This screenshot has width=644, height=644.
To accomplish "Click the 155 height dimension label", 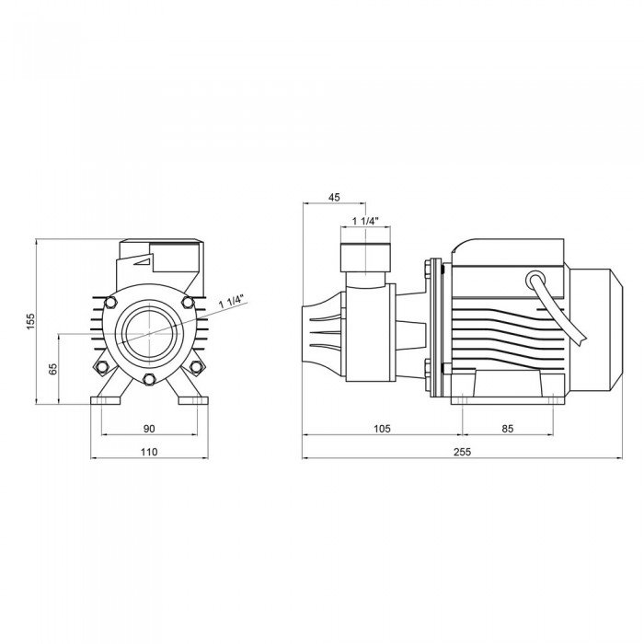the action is pos(30,321).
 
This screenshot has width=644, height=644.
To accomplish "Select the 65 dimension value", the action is pos(53,369).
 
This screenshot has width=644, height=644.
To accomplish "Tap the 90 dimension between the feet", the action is pos(149,429).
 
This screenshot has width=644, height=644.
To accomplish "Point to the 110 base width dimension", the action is pos(149,452).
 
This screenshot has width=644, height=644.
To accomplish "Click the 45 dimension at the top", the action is pos(334,197).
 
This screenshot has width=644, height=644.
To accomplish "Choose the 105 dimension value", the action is pos(382,429).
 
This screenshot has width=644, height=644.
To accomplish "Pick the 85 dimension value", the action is pos(508,429).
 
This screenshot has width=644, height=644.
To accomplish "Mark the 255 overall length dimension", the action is pos(463,452).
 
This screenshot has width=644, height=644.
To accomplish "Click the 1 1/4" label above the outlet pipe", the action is pos(365,221).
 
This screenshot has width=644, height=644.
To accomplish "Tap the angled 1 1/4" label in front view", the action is pos(232,301).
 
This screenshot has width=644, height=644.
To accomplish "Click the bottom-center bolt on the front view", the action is pos(149,379).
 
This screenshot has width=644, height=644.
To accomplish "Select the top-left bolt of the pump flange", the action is pos(110,303).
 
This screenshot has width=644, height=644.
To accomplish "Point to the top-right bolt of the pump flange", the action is pos(188,303).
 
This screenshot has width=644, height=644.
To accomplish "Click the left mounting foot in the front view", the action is pos(106,400).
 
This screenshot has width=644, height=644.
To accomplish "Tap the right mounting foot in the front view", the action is pos(193,400).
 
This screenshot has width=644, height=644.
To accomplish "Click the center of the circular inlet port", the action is pos(149,333).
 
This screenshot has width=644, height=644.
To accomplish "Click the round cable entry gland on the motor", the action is pos(536,281).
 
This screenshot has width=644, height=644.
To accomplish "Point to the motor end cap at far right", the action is pos(595,330).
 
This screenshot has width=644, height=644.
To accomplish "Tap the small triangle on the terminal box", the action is pos(144,261).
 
